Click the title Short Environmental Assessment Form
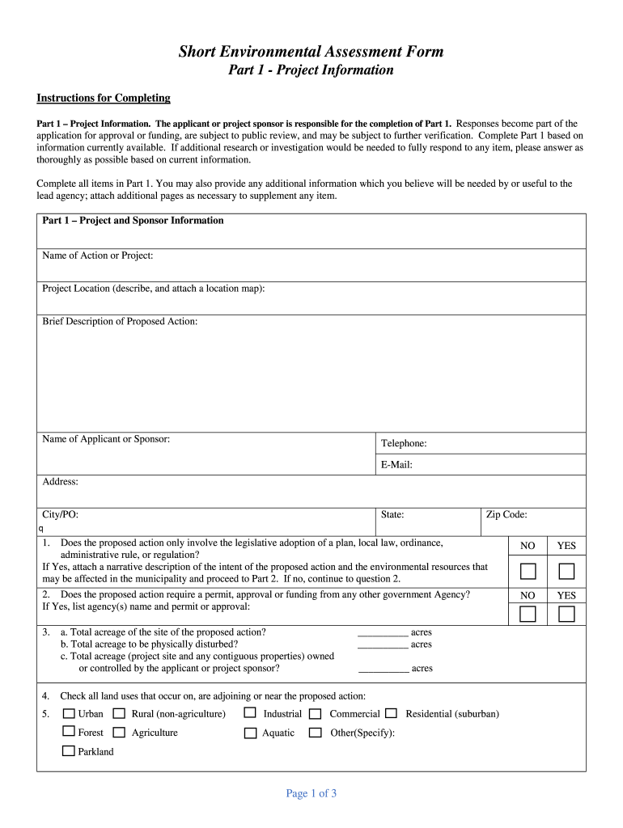tap(311, 52)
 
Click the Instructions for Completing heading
tap(104, 98)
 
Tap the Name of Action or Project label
tap(97, 256)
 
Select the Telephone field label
tap(404, 443)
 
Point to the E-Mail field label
tap(396, 465)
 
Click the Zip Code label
tap(506, 514)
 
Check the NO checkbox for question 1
tap(528, 572)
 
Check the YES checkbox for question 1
tap(566, 572)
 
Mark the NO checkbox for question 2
tap(528, 614)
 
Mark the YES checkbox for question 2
tap(566, 614)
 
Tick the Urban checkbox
tap(69, 713)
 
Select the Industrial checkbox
tap(250, 713)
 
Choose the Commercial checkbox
tap(315, 714)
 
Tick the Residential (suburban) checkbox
tap(391, 713)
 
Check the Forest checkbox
tap(69, 732)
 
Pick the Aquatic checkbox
tap(250, 733)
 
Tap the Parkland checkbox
tap(69, 751)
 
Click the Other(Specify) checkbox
tap(315, 733)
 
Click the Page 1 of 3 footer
tap(311, 793)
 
